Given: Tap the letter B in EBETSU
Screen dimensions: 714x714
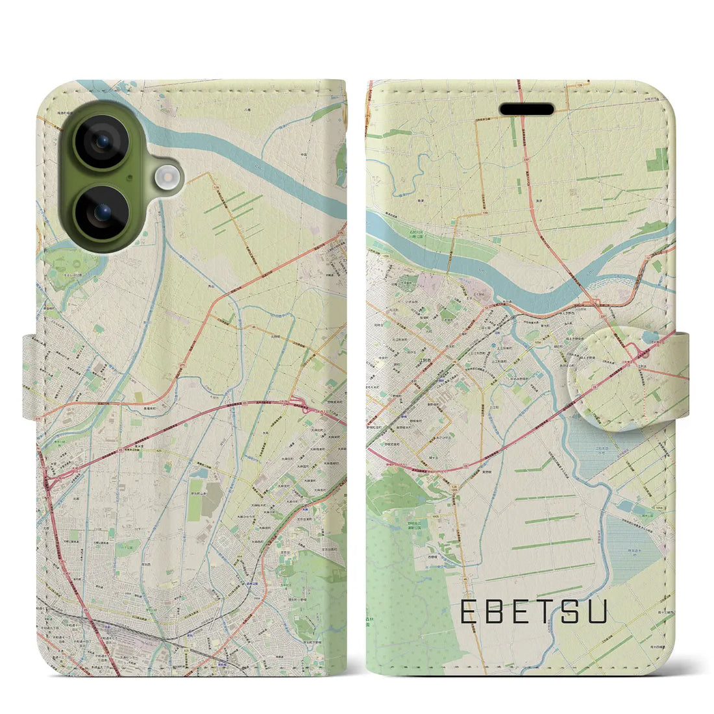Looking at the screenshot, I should (499, 611).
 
